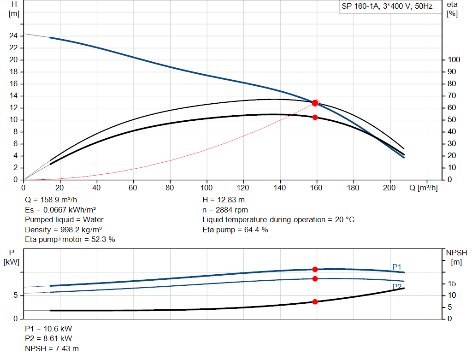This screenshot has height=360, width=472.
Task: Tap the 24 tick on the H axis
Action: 14,35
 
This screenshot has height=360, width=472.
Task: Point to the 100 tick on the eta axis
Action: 454,59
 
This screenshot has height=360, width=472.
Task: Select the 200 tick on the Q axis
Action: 390,188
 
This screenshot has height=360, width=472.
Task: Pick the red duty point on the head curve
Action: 315,103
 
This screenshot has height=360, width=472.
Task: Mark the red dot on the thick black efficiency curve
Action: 315,117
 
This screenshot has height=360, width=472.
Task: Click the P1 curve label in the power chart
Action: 397,266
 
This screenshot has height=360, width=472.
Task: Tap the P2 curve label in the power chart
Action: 397,287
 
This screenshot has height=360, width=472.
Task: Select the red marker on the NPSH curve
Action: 315,301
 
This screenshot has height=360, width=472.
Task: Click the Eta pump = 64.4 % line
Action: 235,230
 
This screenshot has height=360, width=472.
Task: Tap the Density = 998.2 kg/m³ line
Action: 64,230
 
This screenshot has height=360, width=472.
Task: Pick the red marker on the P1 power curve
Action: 315,269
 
